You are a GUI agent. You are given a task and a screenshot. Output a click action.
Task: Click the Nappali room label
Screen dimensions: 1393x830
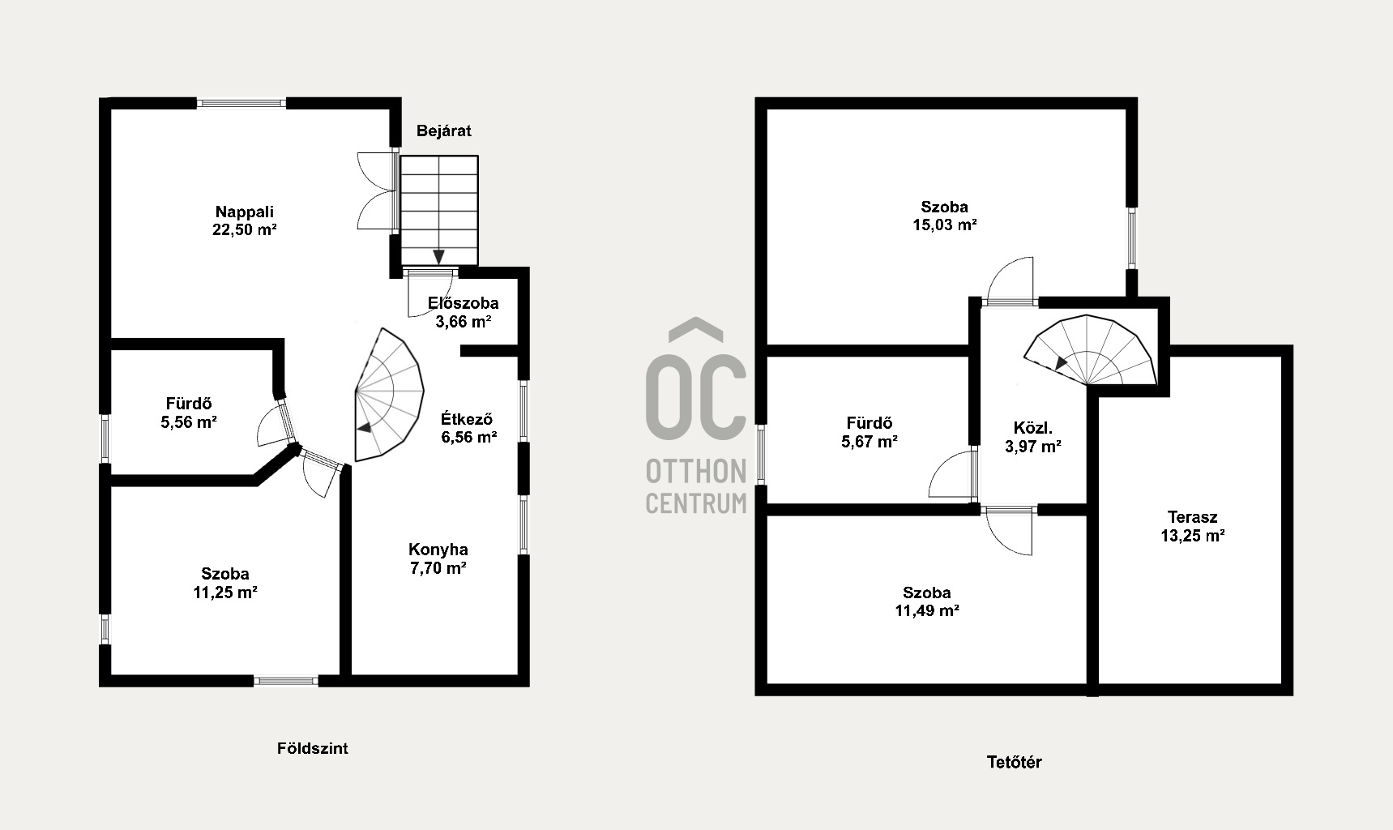(244, 212)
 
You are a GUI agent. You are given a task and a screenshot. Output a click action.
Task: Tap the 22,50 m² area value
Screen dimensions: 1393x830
(244, 229)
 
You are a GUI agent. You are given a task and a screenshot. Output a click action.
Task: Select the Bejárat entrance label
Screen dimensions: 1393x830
(443, 130)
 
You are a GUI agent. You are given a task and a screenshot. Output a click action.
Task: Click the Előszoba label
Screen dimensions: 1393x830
(464, 303)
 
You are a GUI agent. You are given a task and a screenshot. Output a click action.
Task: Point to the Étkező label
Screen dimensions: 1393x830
(467, 419)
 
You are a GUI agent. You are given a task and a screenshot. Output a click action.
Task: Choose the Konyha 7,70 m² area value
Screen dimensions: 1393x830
(438, 567)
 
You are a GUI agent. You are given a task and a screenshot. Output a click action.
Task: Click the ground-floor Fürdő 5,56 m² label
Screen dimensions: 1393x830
(189, 413)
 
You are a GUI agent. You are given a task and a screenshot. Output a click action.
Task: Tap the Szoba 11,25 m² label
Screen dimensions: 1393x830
(225, 583)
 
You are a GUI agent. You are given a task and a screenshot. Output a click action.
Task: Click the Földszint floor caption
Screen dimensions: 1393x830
(313, 748)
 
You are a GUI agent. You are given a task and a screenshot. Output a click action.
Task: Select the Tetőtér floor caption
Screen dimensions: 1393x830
(1014, 762)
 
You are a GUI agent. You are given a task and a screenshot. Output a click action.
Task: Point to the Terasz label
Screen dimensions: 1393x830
(1192, 517)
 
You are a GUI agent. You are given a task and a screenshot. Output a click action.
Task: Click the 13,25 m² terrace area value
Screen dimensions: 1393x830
(1192, 535)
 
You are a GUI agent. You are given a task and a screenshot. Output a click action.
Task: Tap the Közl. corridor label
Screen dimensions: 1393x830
(1032, 428)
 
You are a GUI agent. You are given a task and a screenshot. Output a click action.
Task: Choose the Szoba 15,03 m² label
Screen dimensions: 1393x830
(944, 216)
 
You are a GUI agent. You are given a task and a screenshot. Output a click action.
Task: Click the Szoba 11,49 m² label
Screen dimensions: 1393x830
(927, 601)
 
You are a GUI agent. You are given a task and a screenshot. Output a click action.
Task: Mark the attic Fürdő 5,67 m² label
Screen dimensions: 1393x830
(870, 432)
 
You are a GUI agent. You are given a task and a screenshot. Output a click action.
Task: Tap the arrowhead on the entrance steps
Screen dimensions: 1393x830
(439, 257)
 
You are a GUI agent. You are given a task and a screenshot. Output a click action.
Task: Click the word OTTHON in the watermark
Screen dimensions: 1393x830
(696, 470)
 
